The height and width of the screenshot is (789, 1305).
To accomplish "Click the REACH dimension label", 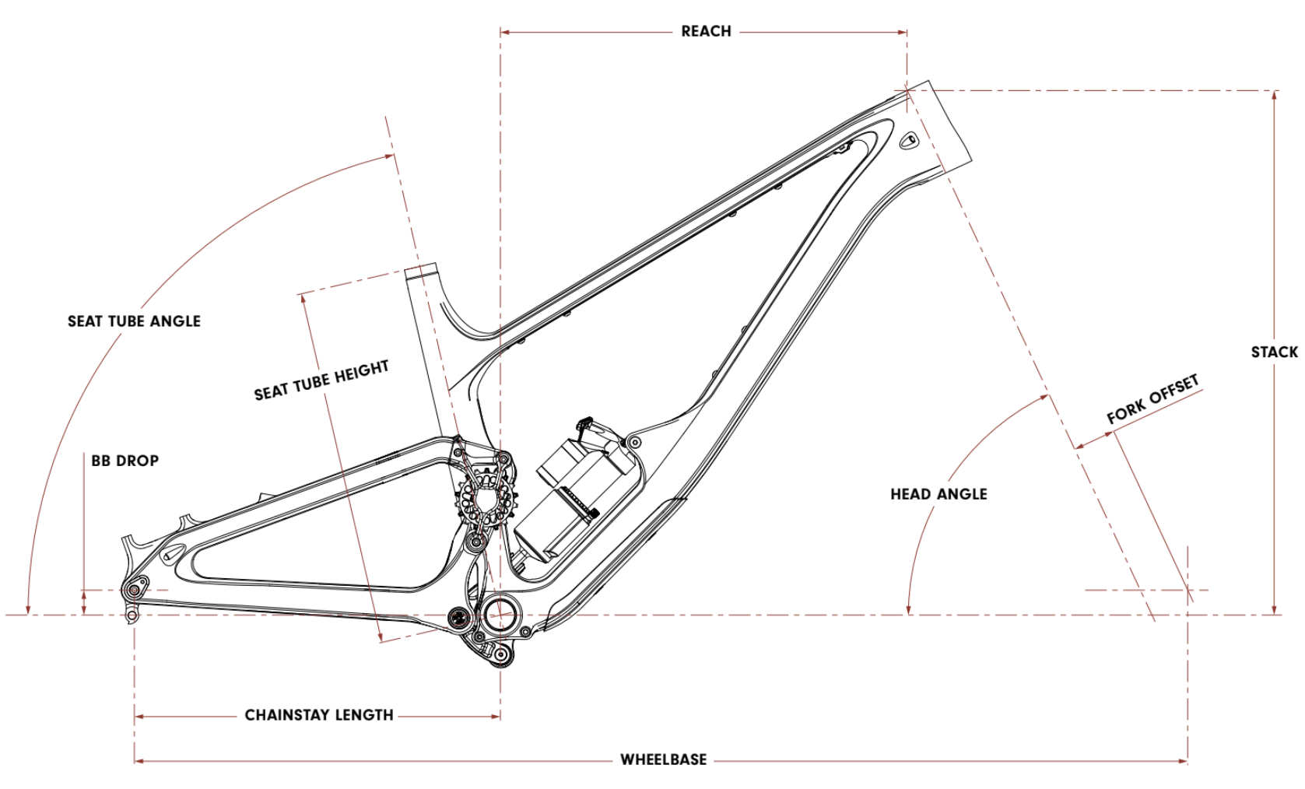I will pyautogui.click(x=706, y=31).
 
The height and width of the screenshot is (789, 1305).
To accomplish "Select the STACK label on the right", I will pyautogui.click(x=1274, y=352).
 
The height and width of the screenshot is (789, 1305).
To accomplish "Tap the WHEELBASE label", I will pyautogui.click(x=663, y=759).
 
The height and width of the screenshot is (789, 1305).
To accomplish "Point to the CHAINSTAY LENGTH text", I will pyautogui.click(x=319, y=715).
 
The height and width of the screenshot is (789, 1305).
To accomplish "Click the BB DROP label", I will pyautogui.click(x=125, y=461).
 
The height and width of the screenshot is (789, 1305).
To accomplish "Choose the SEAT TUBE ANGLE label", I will pyautogui.click(x=134, y=321).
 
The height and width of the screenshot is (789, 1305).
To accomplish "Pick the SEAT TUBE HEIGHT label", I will pyautogui.click(x=321, y=380).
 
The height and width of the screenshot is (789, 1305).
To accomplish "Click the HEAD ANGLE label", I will pyautogui.click(x=938, y=494).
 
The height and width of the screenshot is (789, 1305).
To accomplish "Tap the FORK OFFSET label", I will pyautogui.click(x=1152, y=400).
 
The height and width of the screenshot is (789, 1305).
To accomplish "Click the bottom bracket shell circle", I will pyautogui.click(x=500, y=614).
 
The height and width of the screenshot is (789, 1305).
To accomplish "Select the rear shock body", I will pyautogui.click(x=576, y=498).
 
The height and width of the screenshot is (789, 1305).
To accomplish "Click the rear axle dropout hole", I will pyautogui.click(x=134, y=591).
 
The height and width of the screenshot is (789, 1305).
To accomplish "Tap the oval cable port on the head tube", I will pyautogui.click(x=908, y=141).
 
